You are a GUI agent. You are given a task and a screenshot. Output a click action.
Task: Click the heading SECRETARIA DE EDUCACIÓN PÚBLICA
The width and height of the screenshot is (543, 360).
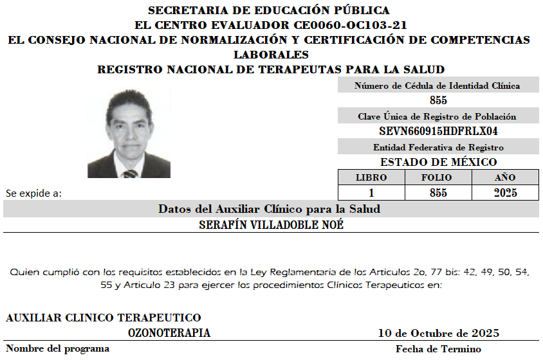point(269,10)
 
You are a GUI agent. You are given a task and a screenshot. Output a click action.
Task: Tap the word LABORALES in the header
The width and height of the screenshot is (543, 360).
point(271,55)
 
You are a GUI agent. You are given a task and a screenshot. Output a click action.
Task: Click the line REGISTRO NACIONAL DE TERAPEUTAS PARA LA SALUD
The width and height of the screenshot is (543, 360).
point(271,69)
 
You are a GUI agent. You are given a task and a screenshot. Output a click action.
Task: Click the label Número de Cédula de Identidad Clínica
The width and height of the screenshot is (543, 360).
point(437,85)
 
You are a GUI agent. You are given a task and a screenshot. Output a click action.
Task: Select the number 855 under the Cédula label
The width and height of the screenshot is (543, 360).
point(438,100)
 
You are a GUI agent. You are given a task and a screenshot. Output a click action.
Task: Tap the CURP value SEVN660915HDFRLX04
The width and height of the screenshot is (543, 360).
point(438,131)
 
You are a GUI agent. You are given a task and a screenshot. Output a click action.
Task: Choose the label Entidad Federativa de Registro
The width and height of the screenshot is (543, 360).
point(437,147)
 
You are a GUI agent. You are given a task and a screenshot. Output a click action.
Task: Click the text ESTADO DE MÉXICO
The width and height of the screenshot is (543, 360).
point(438,162)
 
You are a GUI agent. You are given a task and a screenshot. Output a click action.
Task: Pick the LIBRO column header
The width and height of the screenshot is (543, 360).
point(371,177)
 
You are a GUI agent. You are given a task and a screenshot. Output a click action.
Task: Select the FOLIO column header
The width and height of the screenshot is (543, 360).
point(437,177)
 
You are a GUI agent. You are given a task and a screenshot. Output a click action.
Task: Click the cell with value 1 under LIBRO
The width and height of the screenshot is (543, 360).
point(371,193)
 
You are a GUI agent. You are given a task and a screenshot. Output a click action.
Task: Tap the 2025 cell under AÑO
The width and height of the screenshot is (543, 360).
point(505,193)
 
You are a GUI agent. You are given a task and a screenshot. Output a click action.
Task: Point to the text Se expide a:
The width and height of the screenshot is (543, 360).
point(33,193)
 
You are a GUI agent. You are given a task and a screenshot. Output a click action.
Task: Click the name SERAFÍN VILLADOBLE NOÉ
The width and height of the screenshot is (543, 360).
point(271,225)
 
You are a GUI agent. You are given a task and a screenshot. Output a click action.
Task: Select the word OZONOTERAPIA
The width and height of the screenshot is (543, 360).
point(169,333)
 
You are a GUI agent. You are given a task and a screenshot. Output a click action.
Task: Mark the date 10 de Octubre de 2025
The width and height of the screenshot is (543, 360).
point(438,333)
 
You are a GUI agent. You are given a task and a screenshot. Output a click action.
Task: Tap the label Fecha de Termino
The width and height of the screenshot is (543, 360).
point(438,349)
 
